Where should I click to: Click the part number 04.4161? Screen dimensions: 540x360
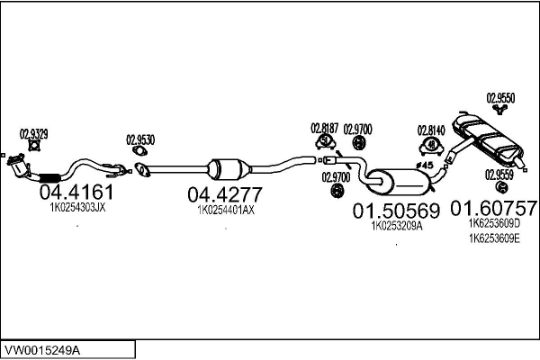pos(76,193)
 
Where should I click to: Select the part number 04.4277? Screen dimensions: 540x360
pos(225,194)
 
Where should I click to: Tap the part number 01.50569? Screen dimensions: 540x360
pos(396,211)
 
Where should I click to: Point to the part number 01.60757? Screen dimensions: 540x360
pos(494,208)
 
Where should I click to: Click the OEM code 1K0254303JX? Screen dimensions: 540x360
pos(77,208)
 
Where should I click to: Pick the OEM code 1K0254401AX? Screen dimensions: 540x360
pos(226,210)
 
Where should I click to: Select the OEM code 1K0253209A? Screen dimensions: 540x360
pos(397,226)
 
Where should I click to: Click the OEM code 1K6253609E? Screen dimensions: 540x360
pos(494,238)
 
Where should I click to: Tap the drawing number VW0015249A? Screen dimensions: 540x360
pos(42,351)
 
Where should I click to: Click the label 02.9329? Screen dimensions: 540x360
pos(34,134)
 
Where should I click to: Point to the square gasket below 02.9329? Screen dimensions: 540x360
pos(34,146)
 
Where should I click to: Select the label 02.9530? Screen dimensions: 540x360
pos(140,140)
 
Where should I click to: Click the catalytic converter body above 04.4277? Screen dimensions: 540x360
pos(229,169)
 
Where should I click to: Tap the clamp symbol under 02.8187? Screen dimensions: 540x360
pos(325,141)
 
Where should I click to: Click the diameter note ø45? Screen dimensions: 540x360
pos(424,166)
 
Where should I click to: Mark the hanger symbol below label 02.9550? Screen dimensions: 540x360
pos(499,110)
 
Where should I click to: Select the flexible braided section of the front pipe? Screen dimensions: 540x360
pos(49,178)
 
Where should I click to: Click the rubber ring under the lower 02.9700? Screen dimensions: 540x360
pos(336,191)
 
